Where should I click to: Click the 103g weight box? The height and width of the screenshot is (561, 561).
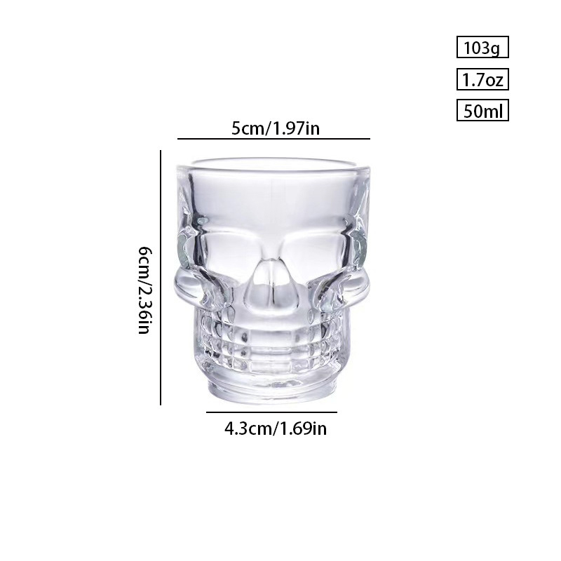coord(482,47)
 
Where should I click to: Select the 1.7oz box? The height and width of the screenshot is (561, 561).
coord(482,79)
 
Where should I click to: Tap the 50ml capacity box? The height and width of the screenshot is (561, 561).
coord(482,111)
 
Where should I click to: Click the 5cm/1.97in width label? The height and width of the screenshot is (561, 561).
coord(275,128)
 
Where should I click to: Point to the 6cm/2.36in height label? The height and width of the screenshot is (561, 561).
coord(146,290)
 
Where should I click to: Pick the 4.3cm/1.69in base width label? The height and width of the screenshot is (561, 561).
coord(276,428)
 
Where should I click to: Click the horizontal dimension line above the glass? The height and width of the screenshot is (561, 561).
coord(273,138)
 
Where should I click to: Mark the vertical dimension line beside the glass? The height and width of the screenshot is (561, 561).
coord(161,278)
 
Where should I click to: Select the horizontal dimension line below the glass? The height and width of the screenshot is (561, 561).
coord(271,412)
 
